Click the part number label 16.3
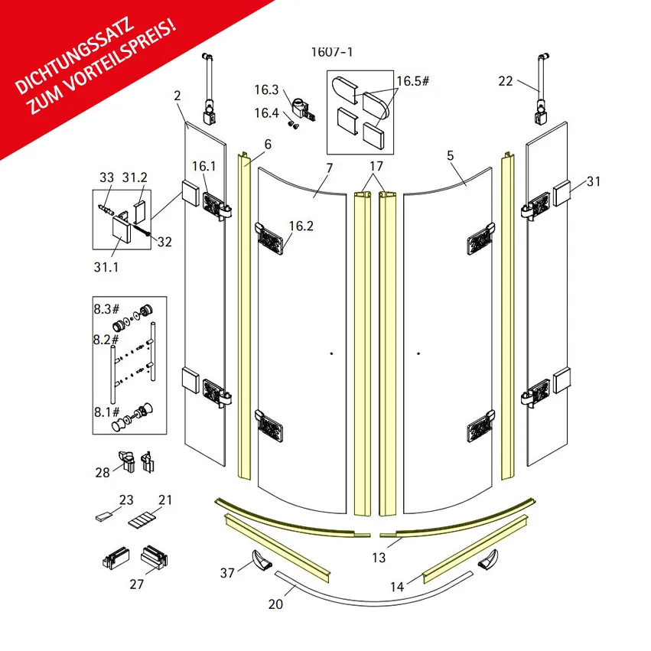coord(266,90)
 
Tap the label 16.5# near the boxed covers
coord(412,81)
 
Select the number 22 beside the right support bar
coord(506,81)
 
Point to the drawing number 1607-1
coord(332,52)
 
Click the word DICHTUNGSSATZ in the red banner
coord(75,55)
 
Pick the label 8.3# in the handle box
coord(106,309)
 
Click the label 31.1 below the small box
coord(106,267)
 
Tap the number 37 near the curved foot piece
coord(227,573)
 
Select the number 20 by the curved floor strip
coord(275,604)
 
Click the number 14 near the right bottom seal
coord(397,587)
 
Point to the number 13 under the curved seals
coord(379,558)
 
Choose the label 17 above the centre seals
coord(376,166)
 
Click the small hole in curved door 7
coord(331,353)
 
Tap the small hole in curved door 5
coord(418,353)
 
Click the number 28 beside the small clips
coord(103,473)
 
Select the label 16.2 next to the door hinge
coord(301,226)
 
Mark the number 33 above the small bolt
coord(106,177)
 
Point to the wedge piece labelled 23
coord(103,516)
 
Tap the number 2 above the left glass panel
coord(177,96)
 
